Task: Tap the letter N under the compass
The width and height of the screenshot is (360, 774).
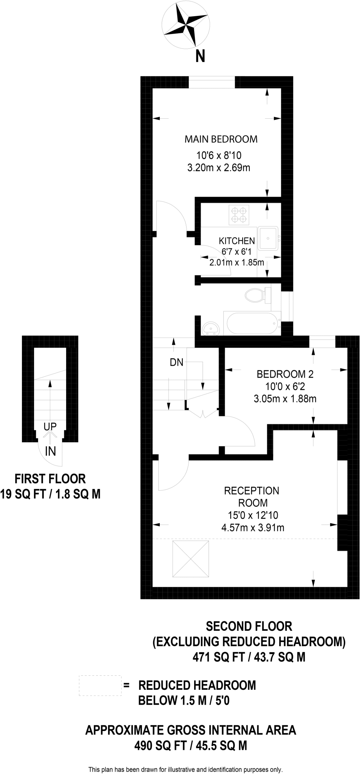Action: (200, 56)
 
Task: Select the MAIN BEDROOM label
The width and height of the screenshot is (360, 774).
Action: (221, 139)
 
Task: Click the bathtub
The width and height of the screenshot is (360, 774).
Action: (252, 324)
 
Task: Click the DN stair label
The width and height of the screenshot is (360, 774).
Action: (176, 362)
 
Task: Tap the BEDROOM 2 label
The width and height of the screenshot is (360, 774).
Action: (285, 374)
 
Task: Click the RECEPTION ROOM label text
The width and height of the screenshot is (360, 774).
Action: (252, 497)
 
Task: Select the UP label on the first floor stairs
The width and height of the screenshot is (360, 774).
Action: (50, 427)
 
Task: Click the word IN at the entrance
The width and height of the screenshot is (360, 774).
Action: (50, 451)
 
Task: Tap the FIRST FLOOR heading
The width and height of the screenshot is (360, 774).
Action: (50, 479)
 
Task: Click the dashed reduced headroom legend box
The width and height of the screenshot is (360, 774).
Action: (100, 685)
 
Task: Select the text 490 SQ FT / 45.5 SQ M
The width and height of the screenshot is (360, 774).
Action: (191, 746)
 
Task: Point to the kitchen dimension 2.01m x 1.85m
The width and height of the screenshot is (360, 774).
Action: (237, 262)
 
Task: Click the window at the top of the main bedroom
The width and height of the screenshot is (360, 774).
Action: (212, 82)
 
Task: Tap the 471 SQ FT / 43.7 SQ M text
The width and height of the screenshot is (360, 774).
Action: (249, 657)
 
